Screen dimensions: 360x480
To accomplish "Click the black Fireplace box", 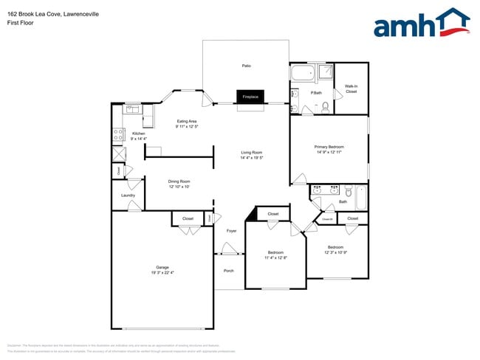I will click(250, 97).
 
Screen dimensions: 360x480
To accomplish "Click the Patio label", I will click(246, 66).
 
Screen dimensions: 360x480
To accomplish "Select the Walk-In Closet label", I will click(351, 89).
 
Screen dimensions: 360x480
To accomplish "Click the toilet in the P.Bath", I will click(326, 107).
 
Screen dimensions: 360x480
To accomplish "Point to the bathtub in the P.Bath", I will click(303, 73).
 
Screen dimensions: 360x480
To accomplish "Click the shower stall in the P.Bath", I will click(326, 72).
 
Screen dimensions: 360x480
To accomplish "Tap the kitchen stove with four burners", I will click(117, 134).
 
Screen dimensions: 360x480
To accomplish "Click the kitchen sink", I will click(131, 109).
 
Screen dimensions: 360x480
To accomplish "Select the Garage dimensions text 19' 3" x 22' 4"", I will click(162, 272).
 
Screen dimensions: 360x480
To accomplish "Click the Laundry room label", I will click(128, 195).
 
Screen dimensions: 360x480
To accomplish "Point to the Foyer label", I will click(231, 231).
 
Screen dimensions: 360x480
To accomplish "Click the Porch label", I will click(229, 271).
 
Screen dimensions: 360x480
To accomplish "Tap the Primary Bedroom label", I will click(329, 147).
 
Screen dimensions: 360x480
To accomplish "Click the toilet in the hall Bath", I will click(346, 189).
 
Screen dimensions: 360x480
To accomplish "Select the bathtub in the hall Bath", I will click(361, 197).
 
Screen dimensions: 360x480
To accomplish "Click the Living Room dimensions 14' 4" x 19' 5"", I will click(252, 158).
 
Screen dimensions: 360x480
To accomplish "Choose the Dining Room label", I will click(179, 181).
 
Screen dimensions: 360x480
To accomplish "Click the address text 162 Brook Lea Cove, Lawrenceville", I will click(53, 14).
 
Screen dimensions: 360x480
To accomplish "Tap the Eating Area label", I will click(186, 121).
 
